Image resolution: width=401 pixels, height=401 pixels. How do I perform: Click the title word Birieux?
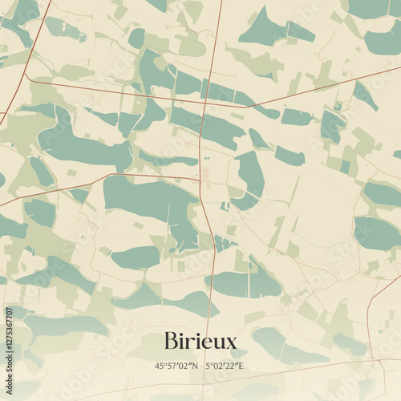tap(200, 342)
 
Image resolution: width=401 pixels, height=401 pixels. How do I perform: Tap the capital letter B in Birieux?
tap(170, 342)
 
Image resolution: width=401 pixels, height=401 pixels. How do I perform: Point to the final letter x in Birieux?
tap(232, 343)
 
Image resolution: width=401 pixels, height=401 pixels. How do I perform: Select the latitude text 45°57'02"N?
tap(176, 366)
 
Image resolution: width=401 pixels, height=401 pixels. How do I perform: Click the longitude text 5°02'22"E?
tap(225, 366)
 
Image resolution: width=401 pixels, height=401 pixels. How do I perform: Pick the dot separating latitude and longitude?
tap(200, 366)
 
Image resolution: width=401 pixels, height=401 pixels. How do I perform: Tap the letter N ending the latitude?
tap(194, 366)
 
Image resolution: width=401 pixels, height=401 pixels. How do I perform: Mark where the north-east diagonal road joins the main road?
tap(246, 107)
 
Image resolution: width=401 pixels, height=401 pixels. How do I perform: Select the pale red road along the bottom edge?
tap(241, 377)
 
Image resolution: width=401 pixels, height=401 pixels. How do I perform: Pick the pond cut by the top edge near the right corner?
tap(371, 8)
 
